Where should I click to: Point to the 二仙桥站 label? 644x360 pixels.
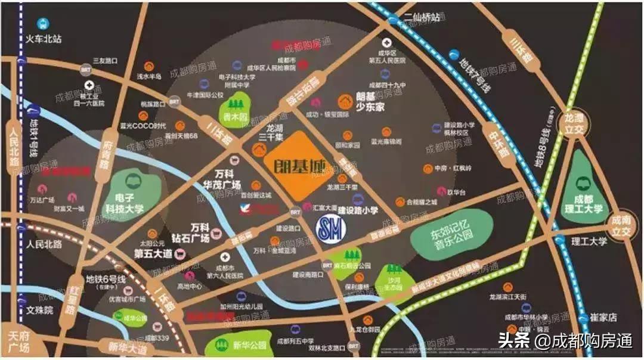pyautogui.click(x=424, y=17)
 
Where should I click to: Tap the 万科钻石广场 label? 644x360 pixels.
pyautogui.click(x=192, y=233)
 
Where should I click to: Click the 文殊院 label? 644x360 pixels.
pyautogui.click(x=40, y=311)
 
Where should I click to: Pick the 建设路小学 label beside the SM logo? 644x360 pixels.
pyautogui.click(x=358, y=210)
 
